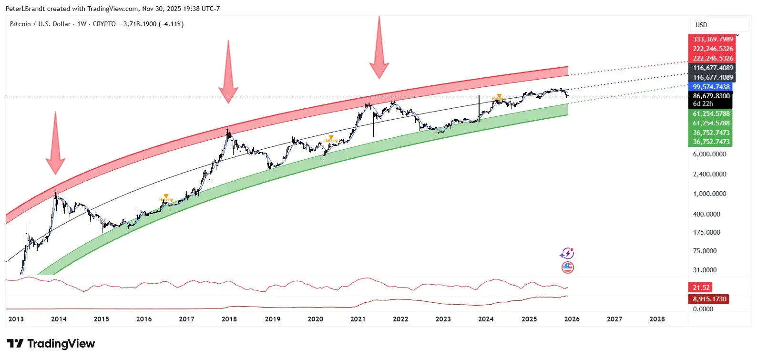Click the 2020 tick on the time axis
315,319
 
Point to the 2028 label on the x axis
657,319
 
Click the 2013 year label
16,319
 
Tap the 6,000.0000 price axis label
709,154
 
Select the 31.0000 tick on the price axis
705,270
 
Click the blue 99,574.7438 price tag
711,87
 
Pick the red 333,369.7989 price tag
713,39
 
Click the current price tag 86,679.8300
711,96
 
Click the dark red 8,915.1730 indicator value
709,299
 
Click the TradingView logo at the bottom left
51,344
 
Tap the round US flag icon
567,267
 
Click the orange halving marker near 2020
331,138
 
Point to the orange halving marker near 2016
166,197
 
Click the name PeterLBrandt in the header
25,9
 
